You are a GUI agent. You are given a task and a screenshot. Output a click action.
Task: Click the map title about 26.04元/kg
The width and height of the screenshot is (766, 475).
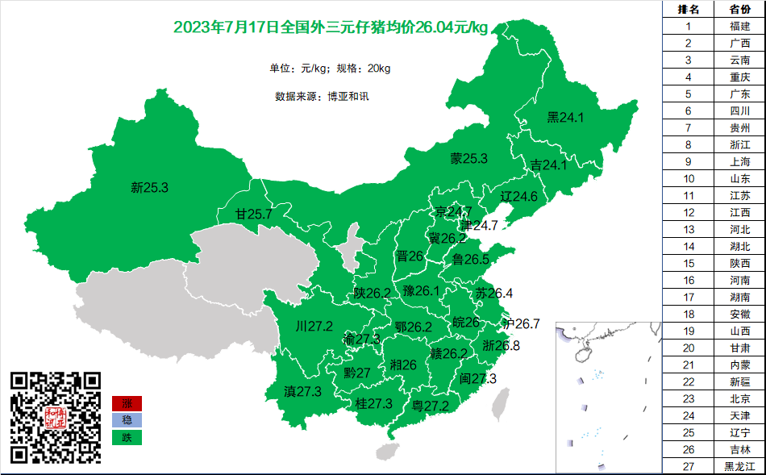pyautogui.click(x=331, y=28)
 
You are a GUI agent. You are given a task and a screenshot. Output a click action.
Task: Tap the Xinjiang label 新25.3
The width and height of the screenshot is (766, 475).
pyautogui.click(x=149, y=188)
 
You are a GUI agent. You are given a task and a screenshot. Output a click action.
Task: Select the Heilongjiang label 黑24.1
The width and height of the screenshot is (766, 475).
pyautogui.click(x=565, y=118)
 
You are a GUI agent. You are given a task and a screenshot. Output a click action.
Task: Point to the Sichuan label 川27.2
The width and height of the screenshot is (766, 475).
pyautogui.click(x=314, y=327)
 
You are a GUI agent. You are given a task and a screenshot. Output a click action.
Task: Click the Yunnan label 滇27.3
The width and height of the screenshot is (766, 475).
pyautogui.click(x=303, y=391)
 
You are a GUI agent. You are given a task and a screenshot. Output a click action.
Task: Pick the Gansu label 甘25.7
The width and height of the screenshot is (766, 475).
pyautogui.click(x=253, y=215)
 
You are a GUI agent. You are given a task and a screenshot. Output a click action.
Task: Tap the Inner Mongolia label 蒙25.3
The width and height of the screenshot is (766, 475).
pyautogui.click(x=469, y=159)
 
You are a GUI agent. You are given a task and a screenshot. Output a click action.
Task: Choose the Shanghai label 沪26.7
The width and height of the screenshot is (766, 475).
pyautogui.click(x=521, y=323)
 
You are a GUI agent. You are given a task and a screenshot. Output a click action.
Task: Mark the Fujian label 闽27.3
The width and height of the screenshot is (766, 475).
pyautogui.click(x=478, y=378)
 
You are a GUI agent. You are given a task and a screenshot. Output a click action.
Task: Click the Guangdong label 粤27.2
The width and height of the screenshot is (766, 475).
pyautogui.click(x=430, y=406)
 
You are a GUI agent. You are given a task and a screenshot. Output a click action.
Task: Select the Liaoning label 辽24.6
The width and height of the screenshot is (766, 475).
pyautogui.click(x=518, y=196)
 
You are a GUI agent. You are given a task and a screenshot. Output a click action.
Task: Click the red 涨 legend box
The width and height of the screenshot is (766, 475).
pyautogui.click(x=127, y=403)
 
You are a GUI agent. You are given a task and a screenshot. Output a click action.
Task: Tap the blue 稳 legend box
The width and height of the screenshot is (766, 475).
pyautogui.click(x=127, y=420)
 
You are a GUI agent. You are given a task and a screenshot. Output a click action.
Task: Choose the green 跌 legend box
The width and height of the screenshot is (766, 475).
pyautogui.click(x=127, y=438)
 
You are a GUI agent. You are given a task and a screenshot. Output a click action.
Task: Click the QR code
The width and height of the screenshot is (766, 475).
pyautogui.click(x=56, y=417)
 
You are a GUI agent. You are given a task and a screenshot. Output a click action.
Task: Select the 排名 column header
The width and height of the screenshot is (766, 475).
pyautogui.click(x=688, y=9)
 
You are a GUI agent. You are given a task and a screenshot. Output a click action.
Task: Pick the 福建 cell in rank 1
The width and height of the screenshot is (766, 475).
pyautogui.click(x=739, y=26)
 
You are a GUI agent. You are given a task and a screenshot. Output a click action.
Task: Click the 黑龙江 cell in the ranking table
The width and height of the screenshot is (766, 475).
pyautogui.click(x=739, y=466)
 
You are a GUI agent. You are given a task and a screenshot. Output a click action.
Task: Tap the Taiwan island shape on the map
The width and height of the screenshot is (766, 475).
pyautogui.click(x=501, y=404)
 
